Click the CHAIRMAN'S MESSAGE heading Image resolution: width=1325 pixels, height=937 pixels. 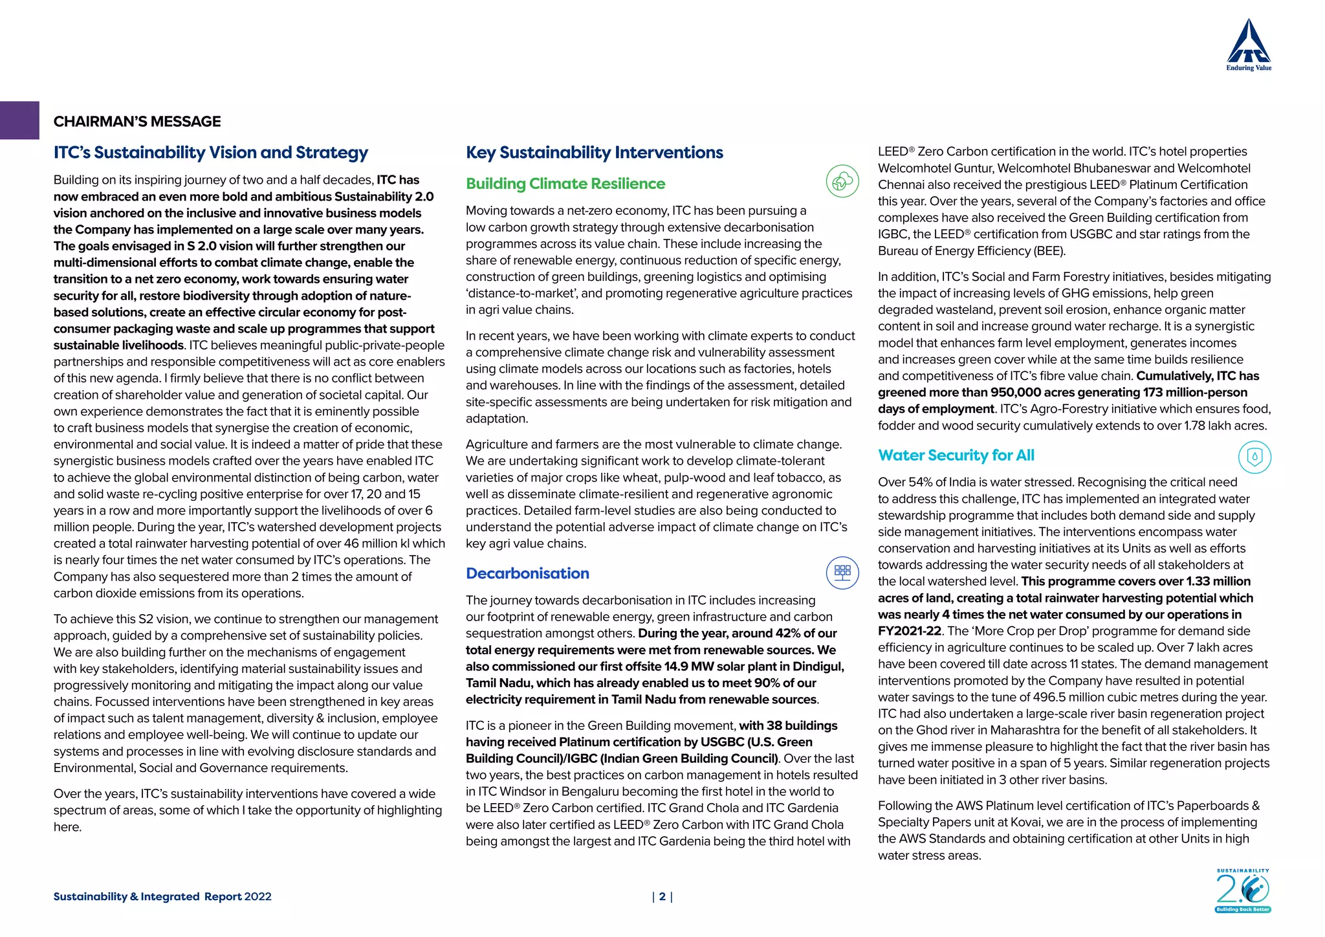[x=137, y=122]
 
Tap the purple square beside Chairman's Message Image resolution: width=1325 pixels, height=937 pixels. [x=19, y=120]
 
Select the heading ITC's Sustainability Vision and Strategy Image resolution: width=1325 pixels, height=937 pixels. [x=210, y=153]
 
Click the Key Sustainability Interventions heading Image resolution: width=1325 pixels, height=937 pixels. [x=594, y=153]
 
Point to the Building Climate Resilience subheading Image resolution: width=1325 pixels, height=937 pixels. [x=565, y=184]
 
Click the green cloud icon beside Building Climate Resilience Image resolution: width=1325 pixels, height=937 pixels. [x=842, y=181]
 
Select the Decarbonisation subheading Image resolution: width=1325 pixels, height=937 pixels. [x=527, y=573]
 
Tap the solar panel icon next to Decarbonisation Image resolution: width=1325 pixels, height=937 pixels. [x=842, y=573]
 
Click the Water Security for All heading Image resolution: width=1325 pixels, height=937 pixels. [x=956, y=456]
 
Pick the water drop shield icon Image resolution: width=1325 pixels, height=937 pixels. [x=1254, y=457]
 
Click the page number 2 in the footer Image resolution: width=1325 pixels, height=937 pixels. [x=662, y=897]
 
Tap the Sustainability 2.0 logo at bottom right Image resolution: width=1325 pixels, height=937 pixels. [x=1242, y=891]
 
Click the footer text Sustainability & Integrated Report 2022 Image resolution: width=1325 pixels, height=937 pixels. [x=162, y=897]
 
